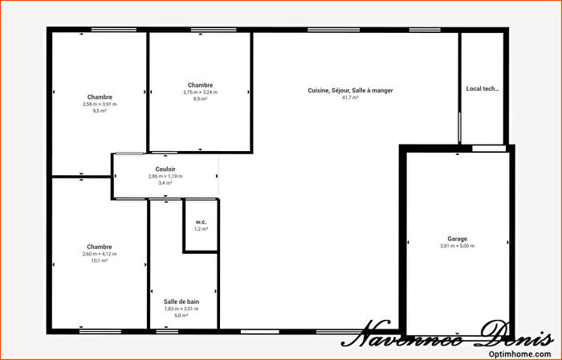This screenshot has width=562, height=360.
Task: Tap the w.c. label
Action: [x=201, y=222]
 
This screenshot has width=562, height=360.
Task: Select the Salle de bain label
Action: [x=181, y=301]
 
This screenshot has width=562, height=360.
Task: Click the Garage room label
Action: [x=457, y=239]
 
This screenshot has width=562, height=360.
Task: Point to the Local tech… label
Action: [x=483, y=89]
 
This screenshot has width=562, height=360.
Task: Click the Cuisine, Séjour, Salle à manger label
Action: [x=350, y=90]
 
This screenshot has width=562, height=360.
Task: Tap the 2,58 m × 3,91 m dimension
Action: [x=100, y=104]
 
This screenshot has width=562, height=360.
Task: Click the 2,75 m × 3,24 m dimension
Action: [x=200, y=92]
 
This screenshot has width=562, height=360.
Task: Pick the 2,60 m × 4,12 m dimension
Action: [x=100, y=254]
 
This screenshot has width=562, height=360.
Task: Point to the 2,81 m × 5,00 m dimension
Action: [x=457, y=246]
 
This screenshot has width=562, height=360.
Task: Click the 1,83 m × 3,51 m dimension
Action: [x=181, y=309]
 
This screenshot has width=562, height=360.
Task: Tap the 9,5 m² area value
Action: [x=100, y=112]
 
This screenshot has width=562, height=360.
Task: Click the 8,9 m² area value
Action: [x=200, y=99]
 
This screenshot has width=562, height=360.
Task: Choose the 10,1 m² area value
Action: [x=100, y=261]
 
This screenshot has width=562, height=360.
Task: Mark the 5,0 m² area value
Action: [x=181, y=316]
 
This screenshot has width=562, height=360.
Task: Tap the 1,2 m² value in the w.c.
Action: [x=201, y=229]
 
